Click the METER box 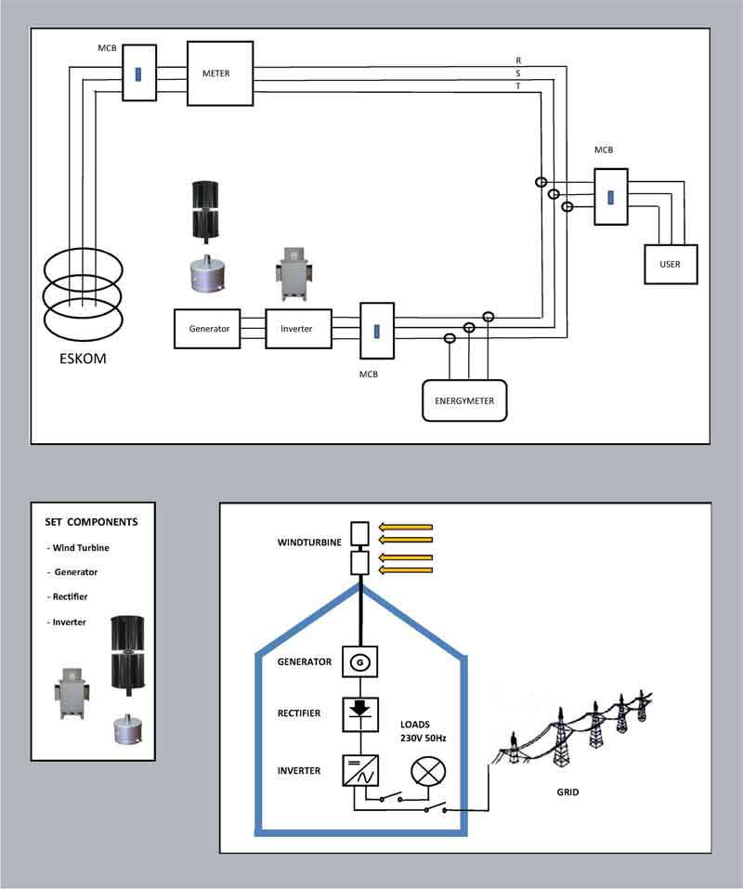[x=220, y=73]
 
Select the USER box [x=670, y=264]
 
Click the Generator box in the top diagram [x=209, y=329]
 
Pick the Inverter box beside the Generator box [x=297, y=329]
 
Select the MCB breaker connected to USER [x=611, y=197]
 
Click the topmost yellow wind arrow [x=406, y=527]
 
